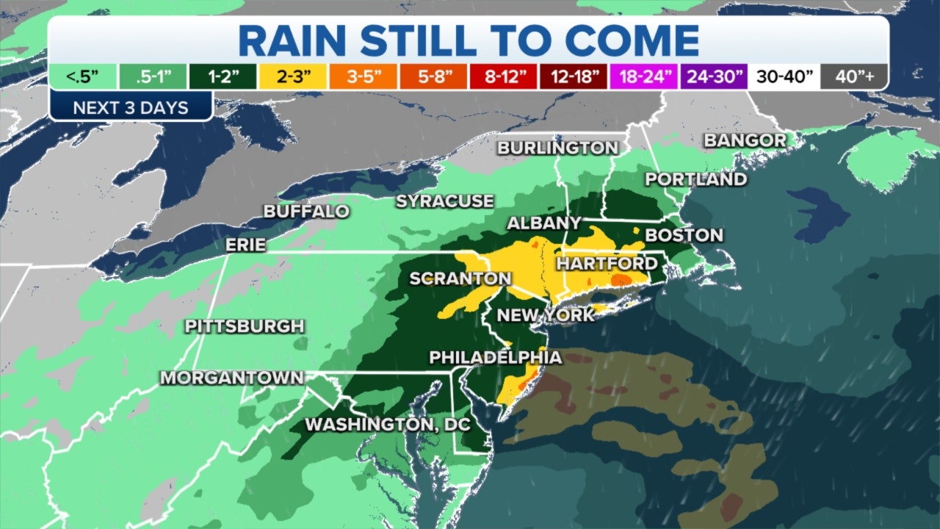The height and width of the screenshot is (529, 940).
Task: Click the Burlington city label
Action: click(x=557, y=148)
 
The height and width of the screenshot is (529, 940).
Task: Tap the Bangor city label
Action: click(x=745, y=140)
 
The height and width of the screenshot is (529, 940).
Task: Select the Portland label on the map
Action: click(x=695, y=179)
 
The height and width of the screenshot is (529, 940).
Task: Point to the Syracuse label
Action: click(x=444, y=201)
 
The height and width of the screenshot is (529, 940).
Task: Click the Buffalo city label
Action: click(x=306, y=212)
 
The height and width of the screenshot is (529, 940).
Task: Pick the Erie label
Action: click(x=245, y=245)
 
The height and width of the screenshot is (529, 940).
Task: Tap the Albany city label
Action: click(x=544, y=223)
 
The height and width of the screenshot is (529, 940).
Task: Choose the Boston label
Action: click(x=684, y=236)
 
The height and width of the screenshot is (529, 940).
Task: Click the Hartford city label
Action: click(x=607, y=263)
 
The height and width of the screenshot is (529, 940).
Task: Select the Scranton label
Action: click(x=460, y=278)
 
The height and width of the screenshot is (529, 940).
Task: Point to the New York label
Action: click(x=546, y=315)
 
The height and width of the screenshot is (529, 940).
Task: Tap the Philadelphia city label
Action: click(x=495, y=358)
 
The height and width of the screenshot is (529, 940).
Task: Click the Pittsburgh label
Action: click(x=244, y=325)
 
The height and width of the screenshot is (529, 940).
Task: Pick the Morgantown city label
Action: click(x=231, y=378)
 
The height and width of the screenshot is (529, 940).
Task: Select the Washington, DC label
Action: click(x=387, y=425)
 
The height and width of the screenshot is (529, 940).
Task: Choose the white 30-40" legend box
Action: click(x=784, y=76)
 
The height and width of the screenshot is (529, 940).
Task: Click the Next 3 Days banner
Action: click(x=131, y=108)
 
